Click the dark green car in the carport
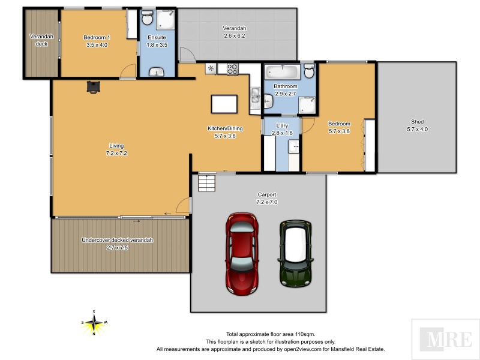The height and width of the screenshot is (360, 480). (x=295, y=252)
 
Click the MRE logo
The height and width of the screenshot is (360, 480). (x=445, y=339)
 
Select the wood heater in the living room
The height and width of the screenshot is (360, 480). (x=93, y=87)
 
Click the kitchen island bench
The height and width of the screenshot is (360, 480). (x=224, y=104)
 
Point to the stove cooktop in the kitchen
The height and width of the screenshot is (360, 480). (x=232, y=68)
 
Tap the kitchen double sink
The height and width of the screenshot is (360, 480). (x=255, y=97)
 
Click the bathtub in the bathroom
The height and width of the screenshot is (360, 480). (x=281, y=71)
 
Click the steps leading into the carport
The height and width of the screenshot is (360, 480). (x=206, y=182)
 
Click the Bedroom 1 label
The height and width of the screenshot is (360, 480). (x=96, y=37)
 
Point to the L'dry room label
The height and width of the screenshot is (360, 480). (x=281, y=125)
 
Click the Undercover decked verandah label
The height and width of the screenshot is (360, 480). (x=117, y=240)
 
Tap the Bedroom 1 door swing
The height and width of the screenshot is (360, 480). (x=128, y=72)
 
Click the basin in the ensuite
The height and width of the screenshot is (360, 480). (x=158, y=72)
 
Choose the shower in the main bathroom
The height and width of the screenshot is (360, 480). (x=307, y=106)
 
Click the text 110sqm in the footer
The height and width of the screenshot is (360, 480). (x=305, y=334)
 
